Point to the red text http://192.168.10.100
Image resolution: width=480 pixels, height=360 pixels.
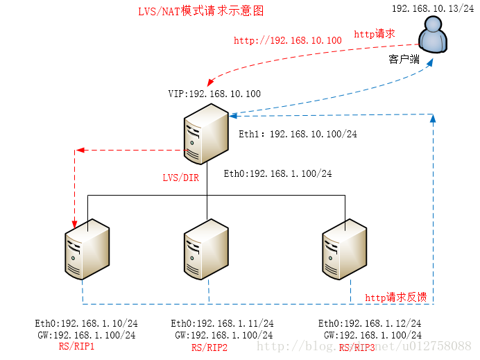click(x=287, y=41)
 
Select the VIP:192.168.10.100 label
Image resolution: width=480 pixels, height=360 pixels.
click(x=214, y=94)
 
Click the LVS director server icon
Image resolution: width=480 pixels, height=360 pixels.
click(x=205, y=133)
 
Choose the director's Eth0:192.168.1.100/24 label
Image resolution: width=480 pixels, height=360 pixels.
click(x=277, y=173)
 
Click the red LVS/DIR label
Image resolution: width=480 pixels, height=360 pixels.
click(x=180, y=178)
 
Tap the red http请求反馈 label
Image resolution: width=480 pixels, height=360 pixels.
click(x=395, y=297)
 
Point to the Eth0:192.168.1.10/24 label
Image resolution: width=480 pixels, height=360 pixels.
click(x=87, y=323)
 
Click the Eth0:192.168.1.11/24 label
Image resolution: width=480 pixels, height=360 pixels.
click(x=222, y=323)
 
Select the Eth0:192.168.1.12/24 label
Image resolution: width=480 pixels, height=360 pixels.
click(x=370, y=323)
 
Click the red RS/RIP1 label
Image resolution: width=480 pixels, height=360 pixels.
click(x=76, y=346)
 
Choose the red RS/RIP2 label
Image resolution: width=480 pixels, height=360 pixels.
click(x=209, y=348)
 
